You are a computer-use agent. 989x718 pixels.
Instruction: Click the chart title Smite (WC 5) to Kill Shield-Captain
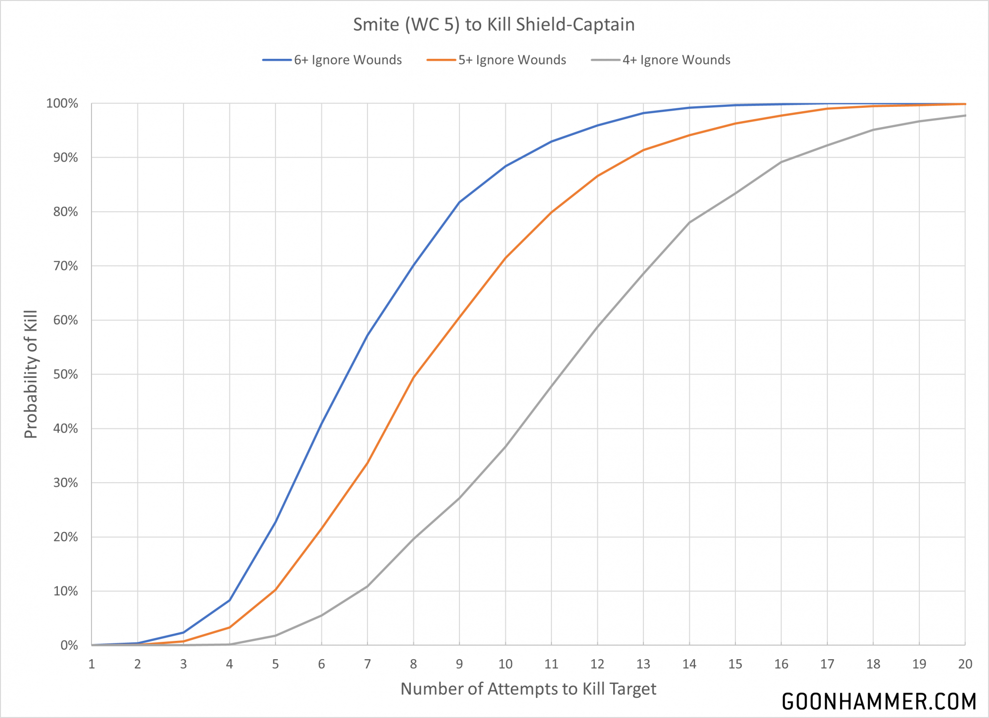[x=494, y=25]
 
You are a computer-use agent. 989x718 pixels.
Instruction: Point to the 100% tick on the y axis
[x=62, y=103]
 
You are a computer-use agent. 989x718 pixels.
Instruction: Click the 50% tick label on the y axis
[x=65, y=374]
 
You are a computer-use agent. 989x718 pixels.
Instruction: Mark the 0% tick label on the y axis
[x=69, y=645]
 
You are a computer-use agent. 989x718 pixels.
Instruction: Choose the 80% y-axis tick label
[x=65, y=212]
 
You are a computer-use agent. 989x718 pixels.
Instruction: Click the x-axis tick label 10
[x=505, y=664]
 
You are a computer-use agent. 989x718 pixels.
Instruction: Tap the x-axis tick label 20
[x=965, y=664]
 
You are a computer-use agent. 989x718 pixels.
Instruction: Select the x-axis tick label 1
[x=91, y=664]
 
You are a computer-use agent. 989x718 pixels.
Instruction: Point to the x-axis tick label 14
[x=689, y=664]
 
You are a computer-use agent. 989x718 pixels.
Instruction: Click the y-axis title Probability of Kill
[x=31, y=374]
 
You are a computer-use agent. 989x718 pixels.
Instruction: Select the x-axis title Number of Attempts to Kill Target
[x=528, y=689]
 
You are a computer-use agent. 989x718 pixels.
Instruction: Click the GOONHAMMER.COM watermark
[x=879, y=702]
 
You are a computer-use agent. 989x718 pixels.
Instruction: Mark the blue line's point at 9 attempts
[x=459, y=202]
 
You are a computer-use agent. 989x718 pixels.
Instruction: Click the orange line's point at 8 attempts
[x=413, y=377]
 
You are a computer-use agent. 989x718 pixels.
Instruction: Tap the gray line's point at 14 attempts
[x=689, y=223]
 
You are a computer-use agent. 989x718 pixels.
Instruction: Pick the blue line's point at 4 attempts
[x=229, y=600]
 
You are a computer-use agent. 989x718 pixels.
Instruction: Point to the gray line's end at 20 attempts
[x=965, y=116]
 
